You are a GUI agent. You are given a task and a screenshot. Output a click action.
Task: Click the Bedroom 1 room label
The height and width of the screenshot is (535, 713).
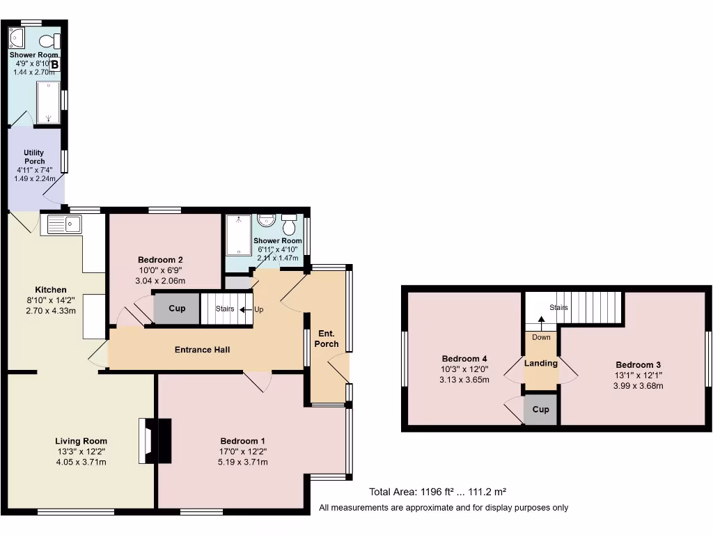click(242, 441)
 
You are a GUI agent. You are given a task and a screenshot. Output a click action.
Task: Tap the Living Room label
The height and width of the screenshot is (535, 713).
click(81, 441)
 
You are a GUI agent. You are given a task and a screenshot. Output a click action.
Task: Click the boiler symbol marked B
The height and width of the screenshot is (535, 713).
click(54, 65)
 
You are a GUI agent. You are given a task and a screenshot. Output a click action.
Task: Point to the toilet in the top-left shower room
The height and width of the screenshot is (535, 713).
click(49, 40)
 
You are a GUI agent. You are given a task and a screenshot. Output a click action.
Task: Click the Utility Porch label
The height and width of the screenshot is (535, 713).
click(34, 157)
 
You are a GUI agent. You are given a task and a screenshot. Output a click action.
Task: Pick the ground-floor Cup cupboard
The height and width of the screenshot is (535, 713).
click(177, 309)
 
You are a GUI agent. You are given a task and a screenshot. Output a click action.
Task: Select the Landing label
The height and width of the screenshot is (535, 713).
click(541, 363)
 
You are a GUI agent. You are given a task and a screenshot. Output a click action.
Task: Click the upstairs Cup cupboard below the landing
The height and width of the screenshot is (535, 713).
click(540, 410)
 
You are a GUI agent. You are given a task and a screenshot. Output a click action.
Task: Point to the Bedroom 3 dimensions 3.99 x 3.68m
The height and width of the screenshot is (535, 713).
click(638, 385)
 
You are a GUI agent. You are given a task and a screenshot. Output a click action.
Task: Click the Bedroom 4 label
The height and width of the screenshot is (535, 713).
click(464, 359)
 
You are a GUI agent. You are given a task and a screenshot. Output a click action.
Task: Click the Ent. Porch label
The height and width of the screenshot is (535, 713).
click(327, 339)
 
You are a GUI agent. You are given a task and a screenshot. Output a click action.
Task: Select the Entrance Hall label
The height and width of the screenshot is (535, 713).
click(202, 350)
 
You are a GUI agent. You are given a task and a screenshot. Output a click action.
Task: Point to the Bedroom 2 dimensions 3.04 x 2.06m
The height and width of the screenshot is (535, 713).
click(161, 280)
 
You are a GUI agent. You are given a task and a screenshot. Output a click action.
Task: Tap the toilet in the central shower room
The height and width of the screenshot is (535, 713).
click(289, 224)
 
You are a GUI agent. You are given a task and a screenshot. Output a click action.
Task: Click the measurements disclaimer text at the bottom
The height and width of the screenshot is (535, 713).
click(444, 508)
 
